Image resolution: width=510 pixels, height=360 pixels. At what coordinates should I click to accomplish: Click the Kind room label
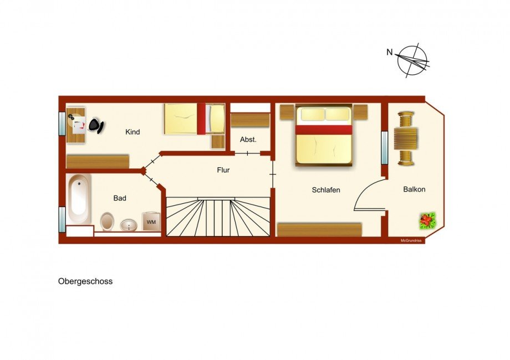pos(132,132)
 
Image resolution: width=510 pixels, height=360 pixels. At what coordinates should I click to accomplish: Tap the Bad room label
pos(120,198)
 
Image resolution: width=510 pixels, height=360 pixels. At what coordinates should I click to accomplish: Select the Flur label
pos(223,171)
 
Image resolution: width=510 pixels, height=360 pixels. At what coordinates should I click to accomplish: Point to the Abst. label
pos(248,140)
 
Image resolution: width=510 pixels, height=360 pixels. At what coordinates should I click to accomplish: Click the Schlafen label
pos(326,190)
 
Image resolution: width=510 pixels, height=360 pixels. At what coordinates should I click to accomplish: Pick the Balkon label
pos(414,189)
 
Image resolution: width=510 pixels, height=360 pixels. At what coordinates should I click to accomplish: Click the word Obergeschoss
pos(85,281)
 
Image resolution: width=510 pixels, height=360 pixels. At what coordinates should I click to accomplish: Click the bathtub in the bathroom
pos(79,199)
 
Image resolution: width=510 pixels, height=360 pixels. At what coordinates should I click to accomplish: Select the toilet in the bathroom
pos(108,222)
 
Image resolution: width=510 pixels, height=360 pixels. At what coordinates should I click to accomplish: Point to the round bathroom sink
pos(129,225)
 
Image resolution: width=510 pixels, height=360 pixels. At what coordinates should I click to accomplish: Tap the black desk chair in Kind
pos(96,126)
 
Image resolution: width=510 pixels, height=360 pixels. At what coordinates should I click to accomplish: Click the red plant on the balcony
pos(427,220)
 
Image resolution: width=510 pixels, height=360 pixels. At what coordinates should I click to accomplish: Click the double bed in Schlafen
pos(324,135)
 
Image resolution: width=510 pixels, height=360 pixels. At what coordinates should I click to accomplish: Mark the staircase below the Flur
pos(218,217)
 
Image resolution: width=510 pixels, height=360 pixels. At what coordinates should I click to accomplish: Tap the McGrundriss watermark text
pos(412,240)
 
